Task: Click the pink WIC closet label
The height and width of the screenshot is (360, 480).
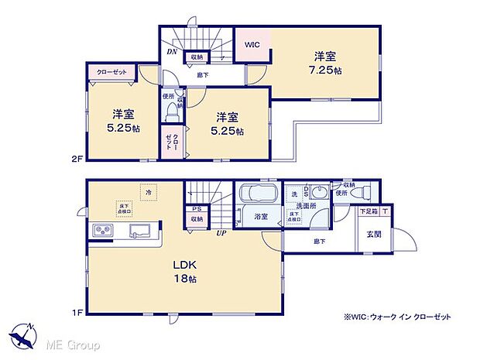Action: tap(252, 45)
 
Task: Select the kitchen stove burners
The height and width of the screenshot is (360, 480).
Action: tap(103, 230)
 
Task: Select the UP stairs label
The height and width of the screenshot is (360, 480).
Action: tap(221, 232)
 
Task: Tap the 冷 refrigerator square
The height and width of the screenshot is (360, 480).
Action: tap(147, 190)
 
